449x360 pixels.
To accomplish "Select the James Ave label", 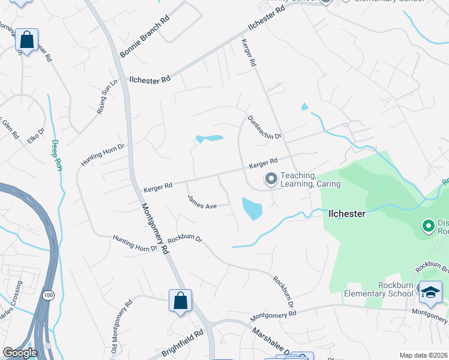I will point(202,202).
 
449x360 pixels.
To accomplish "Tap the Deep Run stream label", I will point(55,155).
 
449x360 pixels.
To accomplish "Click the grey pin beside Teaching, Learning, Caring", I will point(271,179).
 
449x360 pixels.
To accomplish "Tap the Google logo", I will point(20,353).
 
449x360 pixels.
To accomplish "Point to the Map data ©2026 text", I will point(423,355).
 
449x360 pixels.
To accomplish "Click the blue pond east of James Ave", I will point(252,208).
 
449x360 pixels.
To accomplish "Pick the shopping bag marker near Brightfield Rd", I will point(180,301).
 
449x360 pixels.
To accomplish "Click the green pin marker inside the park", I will point(429,226).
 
